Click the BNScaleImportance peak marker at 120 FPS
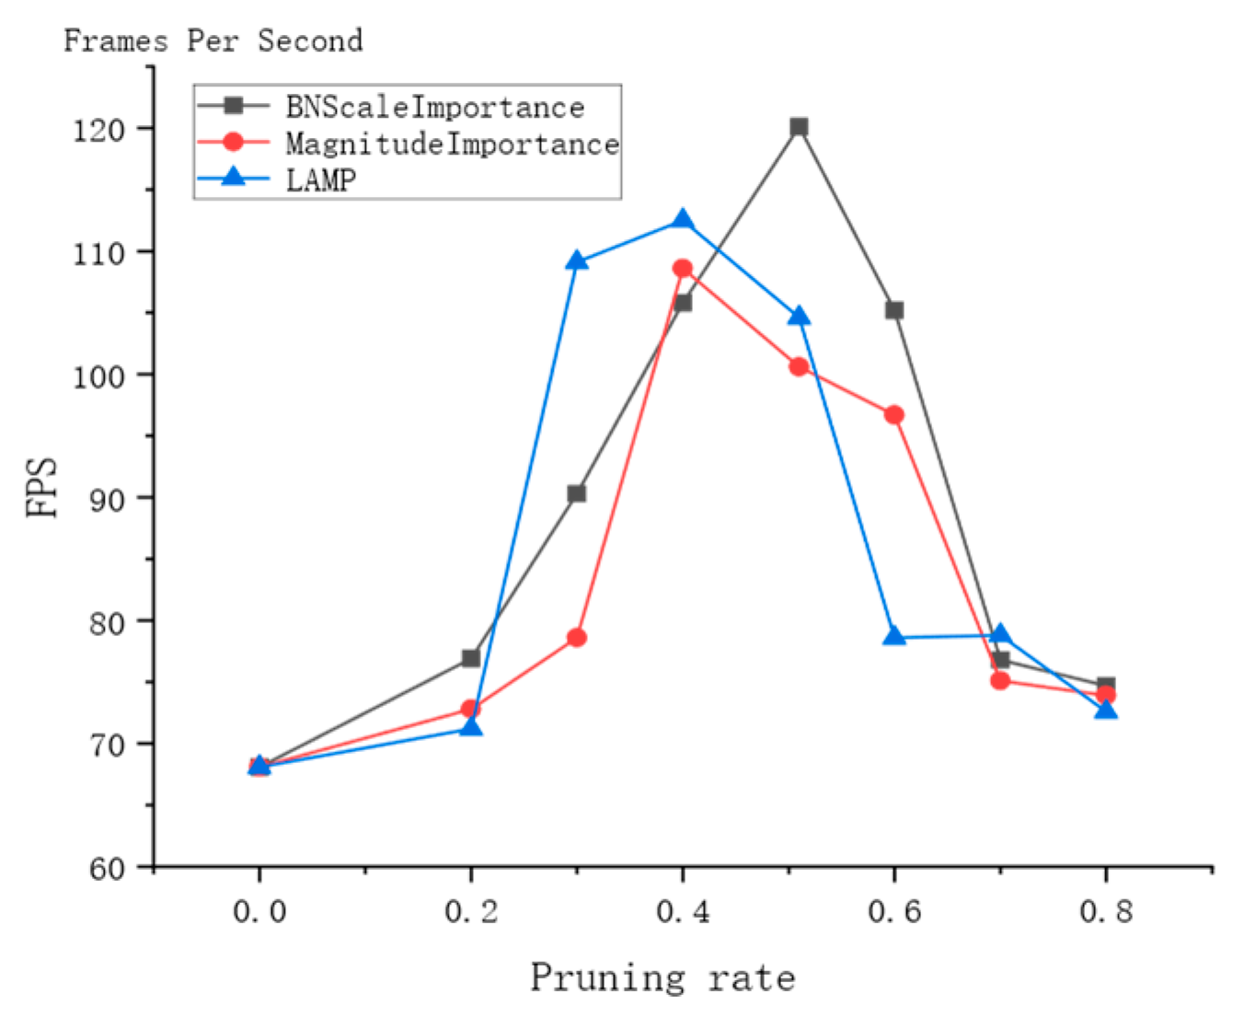coord(799,127)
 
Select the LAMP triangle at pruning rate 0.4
coord(683,220)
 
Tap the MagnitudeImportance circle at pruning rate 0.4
coord(683,269)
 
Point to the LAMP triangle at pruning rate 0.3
coord(577,261)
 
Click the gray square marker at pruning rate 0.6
coord(894,310)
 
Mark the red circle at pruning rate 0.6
coord(894,415)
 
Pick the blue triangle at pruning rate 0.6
coord(894,636)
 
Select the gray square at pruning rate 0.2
coord(471,658)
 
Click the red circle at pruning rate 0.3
coord(577,638)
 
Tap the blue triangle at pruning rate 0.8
coord(1106,710)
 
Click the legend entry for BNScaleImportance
coord(434,108)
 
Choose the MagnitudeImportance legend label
coord(452,144)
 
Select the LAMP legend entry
coord(320,179)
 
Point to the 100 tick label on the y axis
coord(98,376)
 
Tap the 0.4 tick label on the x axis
coord(683,912)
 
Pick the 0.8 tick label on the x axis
coord(1106,912)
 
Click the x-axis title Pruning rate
coord(662,977)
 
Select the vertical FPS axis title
coord(40,487)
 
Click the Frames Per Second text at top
coord(213,41)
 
